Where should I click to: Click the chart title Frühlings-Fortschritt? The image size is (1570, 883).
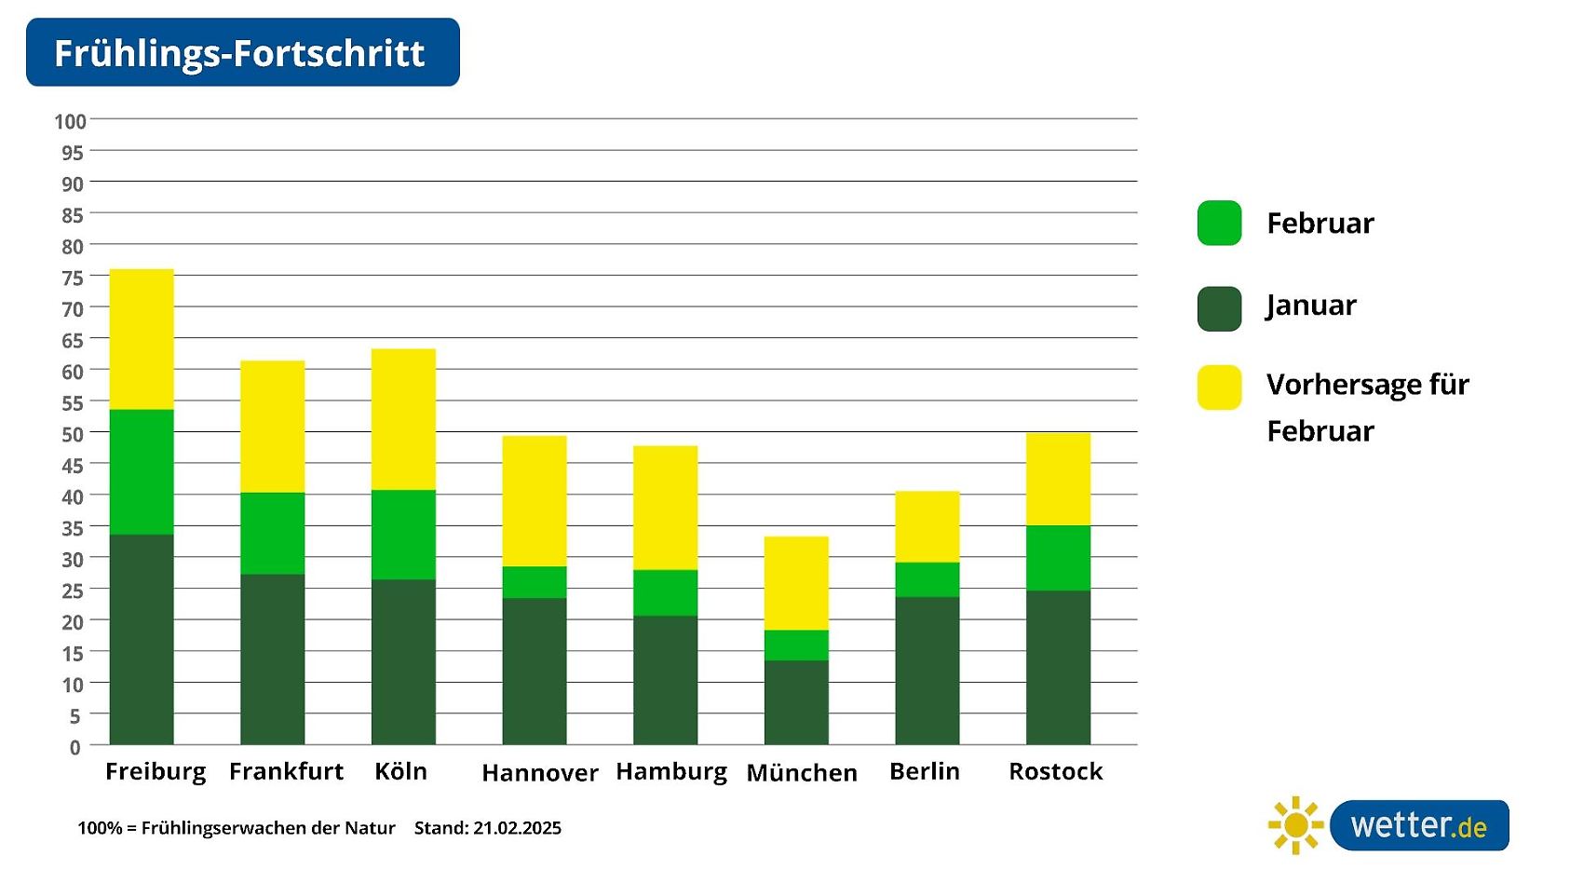click(x=240, y=53)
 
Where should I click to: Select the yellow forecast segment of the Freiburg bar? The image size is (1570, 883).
click(x=142, y=339)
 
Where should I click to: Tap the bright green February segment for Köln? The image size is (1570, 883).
click(x=403, y=535)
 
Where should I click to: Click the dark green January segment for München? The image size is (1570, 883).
click(x=796, y=702)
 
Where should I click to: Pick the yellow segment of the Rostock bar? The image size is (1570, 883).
click(x=1058, y=479)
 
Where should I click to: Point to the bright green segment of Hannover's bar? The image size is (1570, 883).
click(x=535, y=582)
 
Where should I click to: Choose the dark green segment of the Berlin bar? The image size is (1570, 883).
click(x=927, y=671)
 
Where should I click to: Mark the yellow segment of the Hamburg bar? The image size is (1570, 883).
click(x=665, y=508)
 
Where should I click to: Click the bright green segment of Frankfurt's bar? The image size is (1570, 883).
click(x=273, y=534)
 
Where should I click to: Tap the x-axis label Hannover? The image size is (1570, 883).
click(x=540, y=773)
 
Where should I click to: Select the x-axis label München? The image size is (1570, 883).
click(x=802, y=773)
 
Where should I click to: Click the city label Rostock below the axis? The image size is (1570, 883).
click(x=1055, y=771)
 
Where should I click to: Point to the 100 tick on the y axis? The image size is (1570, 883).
click(x=70, y=122)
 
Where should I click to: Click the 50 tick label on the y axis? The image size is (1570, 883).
click(x=73, y=434)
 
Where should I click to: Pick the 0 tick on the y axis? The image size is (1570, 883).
click(x=75, y=747)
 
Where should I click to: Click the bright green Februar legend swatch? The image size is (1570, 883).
click(x=1219, y=224)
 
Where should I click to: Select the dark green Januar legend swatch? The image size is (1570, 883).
click(x=1219, y=308)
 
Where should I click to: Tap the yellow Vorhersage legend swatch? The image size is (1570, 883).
click(x=1219, y=387)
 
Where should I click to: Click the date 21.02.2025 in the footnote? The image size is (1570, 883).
click(x=517, y=828)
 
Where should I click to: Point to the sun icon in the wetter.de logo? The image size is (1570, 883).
click(x=1295, y=825)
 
